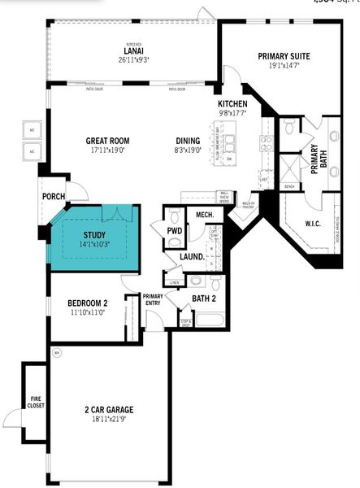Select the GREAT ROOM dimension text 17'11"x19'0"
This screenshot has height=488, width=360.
[x=108, y=150]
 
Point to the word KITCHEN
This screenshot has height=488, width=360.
[x=232, y=105]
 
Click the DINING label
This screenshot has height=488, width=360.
[x=188, y=141]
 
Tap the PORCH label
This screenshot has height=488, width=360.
[x=54, y=196]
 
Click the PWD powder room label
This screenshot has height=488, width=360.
[x=174, y=230]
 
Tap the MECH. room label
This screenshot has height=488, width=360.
[x=204, y=214]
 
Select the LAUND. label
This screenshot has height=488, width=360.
[x=192, y=257]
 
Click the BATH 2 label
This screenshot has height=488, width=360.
[x=203, y=298]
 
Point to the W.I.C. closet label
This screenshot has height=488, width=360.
[x=315, y=224]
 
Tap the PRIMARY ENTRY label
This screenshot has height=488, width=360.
[x=153, y=299]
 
